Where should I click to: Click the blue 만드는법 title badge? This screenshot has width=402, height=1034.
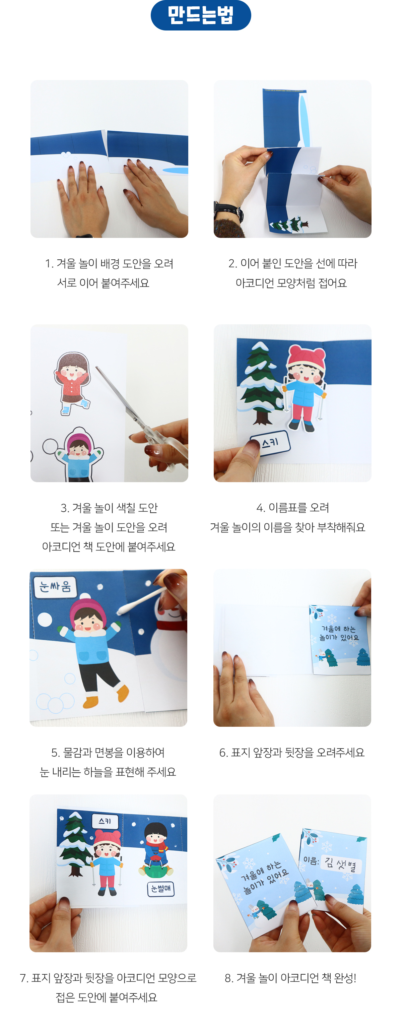(201, 15)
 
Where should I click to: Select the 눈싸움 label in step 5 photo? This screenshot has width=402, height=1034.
(55, 587)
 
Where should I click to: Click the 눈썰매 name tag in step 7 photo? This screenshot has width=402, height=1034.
(160, 889)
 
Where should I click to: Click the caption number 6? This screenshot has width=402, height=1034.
(223, 753)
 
